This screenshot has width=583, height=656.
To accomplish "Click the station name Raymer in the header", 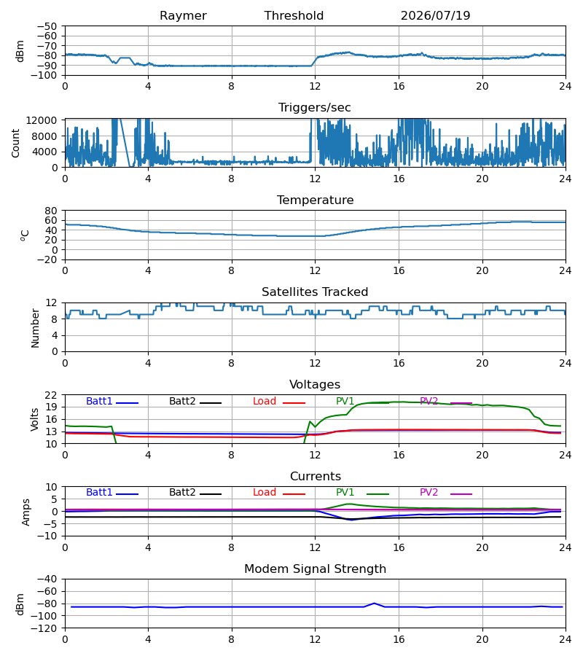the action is pos(183,16).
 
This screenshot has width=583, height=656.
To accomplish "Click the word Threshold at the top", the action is pos(294,16).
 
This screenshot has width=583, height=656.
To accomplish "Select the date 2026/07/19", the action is pos(435,16).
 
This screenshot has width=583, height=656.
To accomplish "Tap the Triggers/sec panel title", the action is pos(315,108).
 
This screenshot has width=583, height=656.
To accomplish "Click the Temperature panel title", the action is pos(315,200).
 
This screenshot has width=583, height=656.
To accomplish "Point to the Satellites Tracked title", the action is pos(315,292).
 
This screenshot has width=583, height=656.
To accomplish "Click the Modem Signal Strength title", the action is pos(315,569).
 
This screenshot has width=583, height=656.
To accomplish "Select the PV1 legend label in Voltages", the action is pos(345,401).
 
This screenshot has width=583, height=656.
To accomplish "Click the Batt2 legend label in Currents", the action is pos(182,493).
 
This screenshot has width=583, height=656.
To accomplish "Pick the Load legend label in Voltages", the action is pos(265,401).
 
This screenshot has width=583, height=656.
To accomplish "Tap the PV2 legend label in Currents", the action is pos(429,493).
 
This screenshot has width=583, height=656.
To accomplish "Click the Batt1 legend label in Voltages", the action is pos(99,401).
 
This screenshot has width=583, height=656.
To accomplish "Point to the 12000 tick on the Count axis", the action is pos(42,120).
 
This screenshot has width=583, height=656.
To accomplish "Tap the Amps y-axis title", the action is pos(26,512).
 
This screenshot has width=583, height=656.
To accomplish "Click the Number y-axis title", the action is pos(35,329).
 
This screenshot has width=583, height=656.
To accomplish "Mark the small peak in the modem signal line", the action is pos(375,604).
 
